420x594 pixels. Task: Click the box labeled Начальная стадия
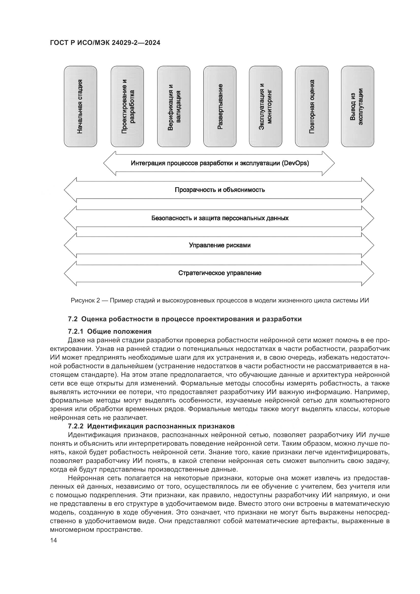click(x=80, y=106)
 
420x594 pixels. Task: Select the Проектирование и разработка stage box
click(x=127, y=106)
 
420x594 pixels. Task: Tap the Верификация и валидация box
click(x=173, y=106)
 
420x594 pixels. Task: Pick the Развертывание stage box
click(x=220, y=106)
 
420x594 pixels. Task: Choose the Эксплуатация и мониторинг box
click(x=266, y=106)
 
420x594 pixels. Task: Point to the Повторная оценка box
click(x=312, y=106)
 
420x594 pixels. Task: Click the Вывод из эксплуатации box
click(x=358, y=106)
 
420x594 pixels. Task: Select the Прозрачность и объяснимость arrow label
click(x=220, y=190)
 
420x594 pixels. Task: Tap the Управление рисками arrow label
click(x=220, y=245)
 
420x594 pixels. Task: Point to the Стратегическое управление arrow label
click(x=220, y=273)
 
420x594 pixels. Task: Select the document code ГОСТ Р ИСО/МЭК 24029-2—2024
click(x=105, y=43)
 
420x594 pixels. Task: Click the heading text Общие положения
click(x=119, y=331)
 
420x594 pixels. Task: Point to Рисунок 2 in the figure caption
click(x=85, y=300)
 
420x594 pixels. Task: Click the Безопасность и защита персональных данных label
click(x=220, y=218)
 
